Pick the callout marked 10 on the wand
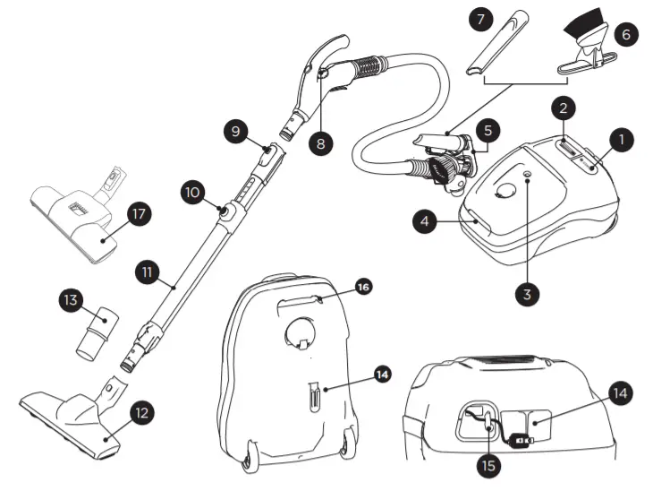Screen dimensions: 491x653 click(x=193, y=192)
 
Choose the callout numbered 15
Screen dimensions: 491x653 click(x=488, y=465)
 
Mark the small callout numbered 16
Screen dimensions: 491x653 click(x=363, y=287)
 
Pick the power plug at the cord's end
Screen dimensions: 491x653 click(x=522, y=442)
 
